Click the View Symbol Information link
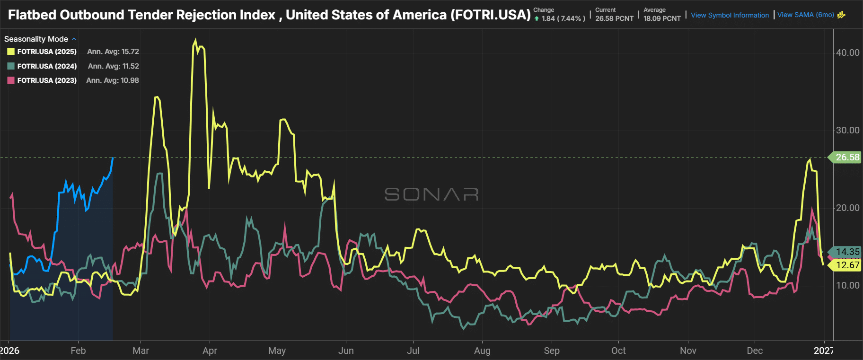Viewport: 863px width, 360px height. pyautogui.click(x=730, y=15)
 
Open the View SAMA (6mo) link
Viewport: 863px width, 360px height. pyautogui.click(x=805, y=15)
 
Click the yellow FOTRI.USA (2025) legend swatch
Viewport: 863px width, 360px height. pyautogui.click(x=11, y=52)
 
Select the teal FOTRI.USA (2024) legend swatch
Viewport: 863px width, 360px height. pyautogui.click(x=11, y=66)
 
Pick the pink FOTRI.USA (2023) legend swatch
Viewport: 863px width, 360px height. pyautogui.click(x=11, y=80)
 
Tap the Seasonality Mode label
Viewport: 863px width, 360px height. pyautogui.click(x=36, y=39)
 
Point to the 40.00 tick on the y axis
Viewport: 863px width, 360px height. pyautogui.click(x=847, y=53)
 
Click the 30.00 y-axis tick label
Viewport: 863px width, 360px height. pyautogui.click(x=847, y=130)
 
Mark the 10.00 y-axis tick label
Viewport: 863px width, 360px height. pyautogui.click(x=847, y=285)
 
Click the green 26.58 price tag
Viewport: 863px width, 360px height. pyautogui.click(x=847, y=157)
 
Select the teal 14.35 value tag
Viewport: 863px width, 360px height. pyautogui.click(x=847, y=252)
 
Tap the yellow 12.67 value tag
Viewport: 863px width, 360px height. pyautogui.click(x=847, y=265)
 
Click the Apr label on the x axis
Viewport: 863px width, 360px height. pyautogui.click(x=210, y=351)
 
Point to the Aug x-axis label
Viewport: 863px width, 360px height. pyautogui.click(x=482, y=351)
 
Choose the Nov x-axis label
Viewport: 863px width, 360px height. pyautogui.click(x=688, y=351)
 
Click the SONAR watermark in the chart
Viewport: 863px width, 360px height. pyautogui.click(x=431, y=194)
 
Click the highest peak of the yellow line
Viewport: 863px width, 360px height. pyautogui.click(x=195, y=40)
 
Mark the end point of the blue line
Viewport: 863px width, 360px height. pyautogui.click(x=113, y=158)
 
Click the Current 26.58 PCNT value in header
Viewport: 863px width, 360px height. pyautogui.click(x=614, y=18)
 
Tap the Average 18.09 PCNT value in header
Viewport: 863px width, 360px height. pyautogui.click(x=662, y=18)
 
